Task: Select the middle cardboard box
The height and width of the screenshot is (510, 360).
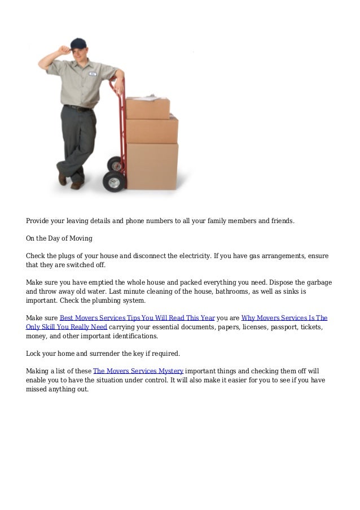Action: click(151, 130)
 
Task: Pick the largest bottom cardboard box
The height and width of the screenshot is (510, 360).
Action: click(152, 165)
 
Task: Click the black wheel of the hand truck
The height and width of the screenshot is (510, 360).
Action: click(115, 181)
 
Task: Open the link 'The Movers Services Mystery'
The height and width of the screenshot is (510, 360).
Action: click(138, 371)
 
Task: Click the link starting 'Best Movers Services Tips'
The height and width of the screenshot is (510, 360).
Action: click(137, 318)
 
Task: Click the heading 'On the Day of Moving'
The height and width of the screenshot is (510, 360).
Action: click(61, 238)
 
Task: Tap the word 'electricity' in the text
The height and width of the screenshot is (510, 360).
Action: click(195, 256)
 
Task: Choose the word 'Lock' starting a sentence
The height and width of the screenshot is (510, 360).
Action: click(34, 354)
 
